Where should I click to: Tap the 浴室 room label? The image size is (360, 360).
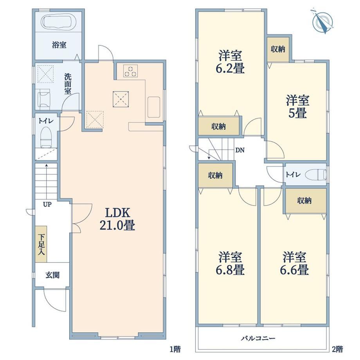pyautogui.click(x=59, y=45)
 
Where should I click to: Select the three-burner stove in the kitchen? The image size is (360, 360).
pyautogui.click(x=130, y=71)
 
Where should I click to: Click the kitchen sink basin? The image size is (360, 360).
pyautogui.click(x=154, y=107)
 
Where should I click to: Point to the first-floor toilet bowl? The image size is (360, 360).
pyautogui.click(x=46, y=137)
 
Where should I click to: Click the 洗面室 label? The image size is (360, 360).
pyautogui.click(x=68, y=84)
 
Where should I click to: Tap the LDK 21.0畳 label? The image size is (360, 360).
pyautogui.click(x=117, y=219)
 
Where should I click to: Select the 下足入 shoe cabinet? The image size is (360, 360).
pyautogui.click(x=41, y=244)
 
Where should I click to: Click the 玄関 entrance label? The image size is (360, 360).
pyautogui.click(x=52, y=275)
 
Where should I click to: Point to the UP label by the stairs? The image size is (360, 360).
pyautogui.click(x=47, y=204)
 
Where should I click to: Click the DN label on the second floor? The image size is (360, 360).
pyautogui.click(x=240, y=150)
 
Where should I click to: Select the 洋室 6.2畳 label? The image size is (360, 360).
pyautogui.click(x=230, y=62)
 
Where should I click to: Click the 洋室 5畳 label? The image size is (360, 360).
pyautogui.click(x=297, y=106)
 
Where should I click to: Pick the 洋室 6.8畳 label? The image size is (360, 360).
pyautogui.click(x=230, y=263)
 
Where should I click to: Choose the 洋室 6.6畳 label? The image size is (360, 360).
pyautogui.click(x=294, y=263)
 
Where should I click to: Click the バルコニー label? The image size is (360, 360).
pyautogui.click(x=258, y=338)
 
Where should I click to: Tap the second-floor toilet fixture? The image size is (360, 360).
pyautogui.click(x=316, y=175)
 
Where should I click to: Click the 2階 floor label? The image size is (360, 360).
pyautogui.click(x=337, y=349)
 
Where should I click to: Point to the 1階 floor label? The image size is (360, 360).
pyautogui.click(x=175, y=349)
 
